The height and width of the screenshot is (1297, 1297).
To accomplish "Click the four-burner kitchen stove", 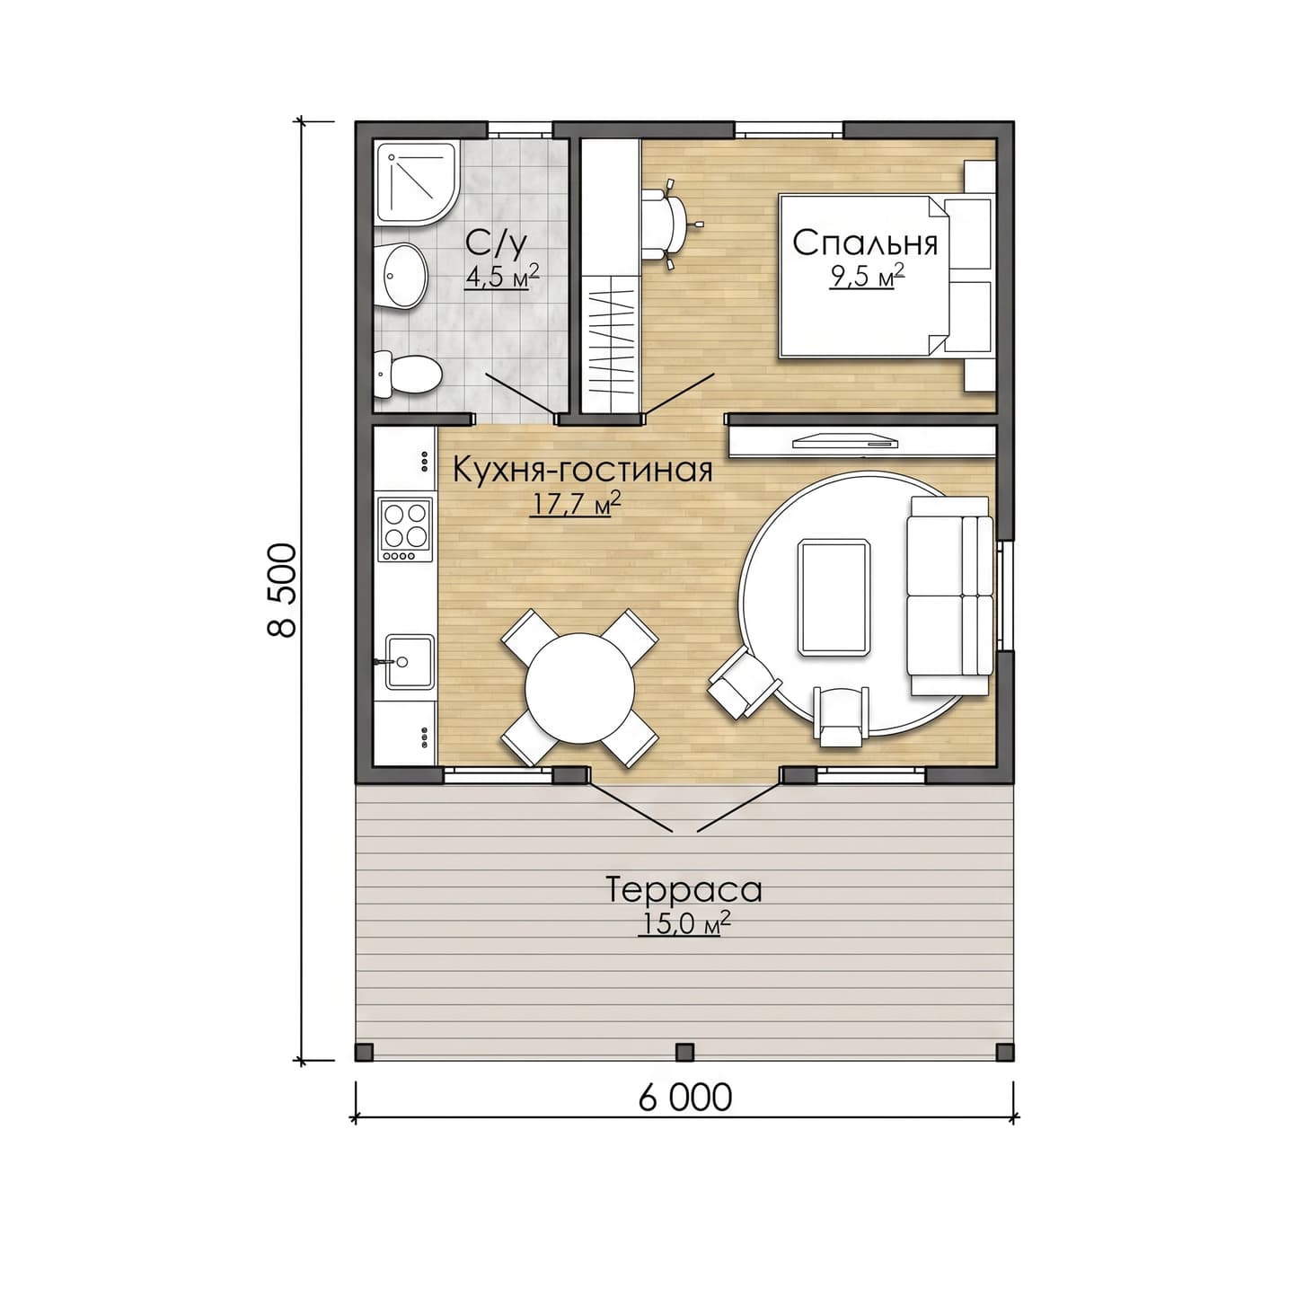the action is pyautogui.click(x=405, y=529).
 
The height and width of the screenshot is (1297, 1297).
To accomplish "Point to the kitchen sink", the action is pyautogui.click(x=409, y=662).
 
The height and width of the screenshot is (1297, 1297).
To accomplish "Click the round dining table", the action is pyautogui.click(x=579, y=688).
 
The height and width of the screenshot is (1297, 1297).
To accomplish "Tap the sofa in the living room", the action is pyautogui.click(x=950, y=596).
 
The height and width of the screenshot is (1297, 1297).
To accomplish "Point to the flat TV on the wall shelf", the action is pyautogui.click(x=845, y=442).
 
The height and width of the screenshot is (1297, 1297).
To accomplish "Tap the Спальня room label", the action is pyautogui.click(x=865, y=243).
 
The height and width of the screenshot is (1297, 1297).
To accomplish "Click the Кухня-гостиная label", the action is pyautogui.click(x=582, y=470).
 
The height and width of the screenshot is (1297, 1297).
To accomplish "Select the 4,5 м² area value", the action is pyautogui.click(x=501, y=276).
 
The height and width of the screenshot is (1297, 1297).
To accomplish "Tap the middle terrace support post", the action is pyautogui.click(x=684, y=1052).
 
